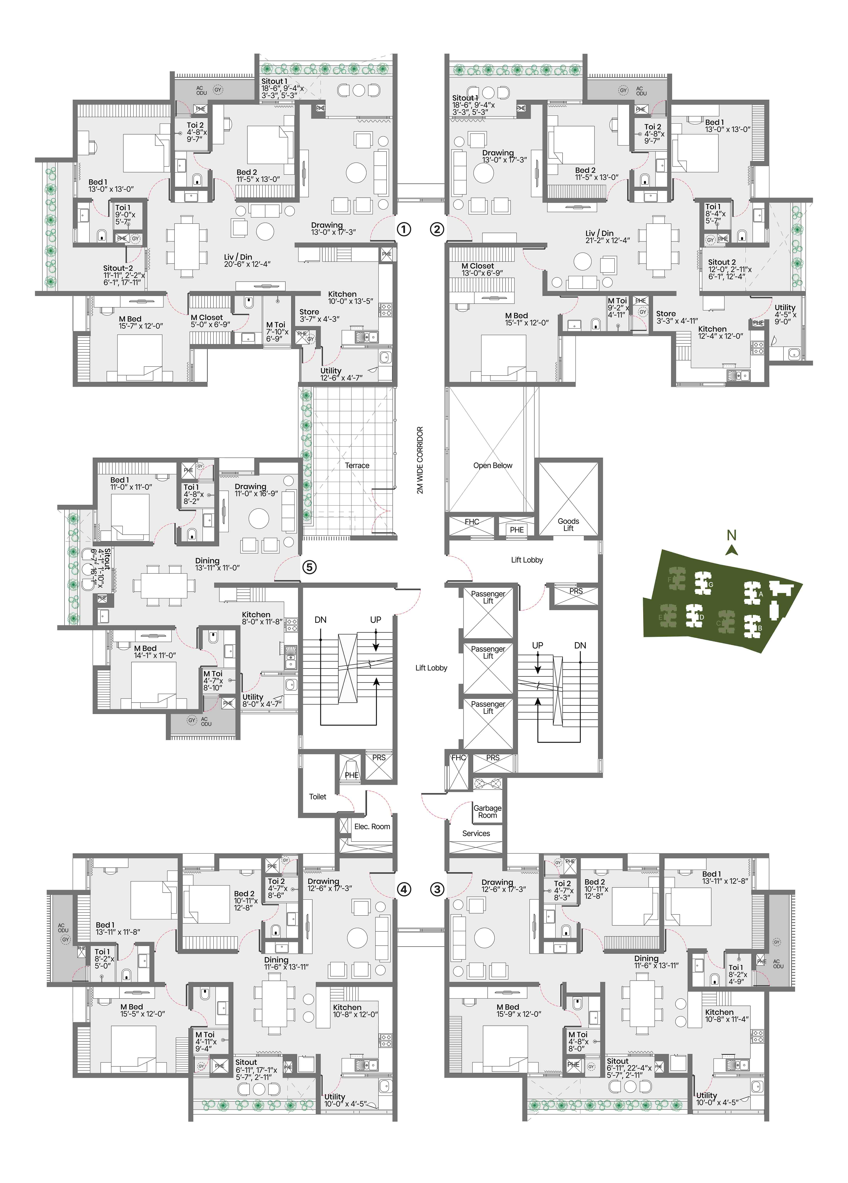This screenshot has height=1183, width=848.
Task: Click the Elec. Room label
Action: click(372, 826)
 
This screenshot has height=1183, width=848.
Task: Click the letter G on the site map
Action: click(710, 585)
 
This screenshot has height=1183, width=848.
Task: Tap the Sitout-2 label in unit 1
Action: click(118, 268)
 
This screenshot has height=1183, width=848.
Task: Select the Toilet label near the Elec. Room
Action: click(318, 797)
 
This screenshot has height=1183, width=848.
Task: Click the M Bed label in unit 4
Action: click(131, 1007)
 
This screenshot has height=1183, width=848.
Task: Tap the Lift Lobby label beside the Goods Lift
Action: click(527, 560)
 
